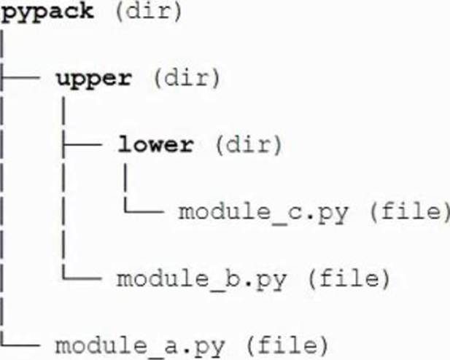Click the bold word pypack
point(47,12)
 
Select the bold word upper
point(94,79)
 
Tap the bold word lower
point(156,144)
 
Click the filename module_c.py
point(263,213)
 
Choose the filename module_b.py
point(201,279)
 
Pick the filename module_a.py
point(139,346)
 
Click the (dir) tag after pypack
point(148,12)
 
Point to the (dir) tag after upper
point(187,78)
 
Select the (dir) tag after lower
point(249,145)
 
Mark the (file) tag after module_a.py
point(287,345)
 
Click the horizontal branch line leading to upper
point(20,77)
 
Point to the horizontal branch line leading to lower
point(82,144)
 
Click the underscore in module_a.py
point(155,356)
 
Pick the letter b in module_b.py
point(232,278)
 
